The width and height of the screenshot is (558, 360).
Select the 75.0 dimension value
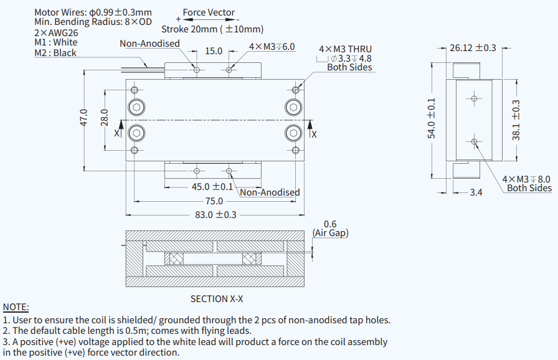pyautogui.click(x=214, y=201)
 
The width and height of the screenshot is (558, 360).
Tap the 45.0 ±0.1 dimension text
pyautogui.click(x=212, y=186)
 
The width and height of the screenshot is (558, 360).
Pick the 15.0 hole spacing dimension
pyautogui.click(x=214, y=50)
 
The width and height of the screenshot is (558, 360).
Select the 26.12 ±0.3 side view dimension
pyautogui.click(x=473, y=47)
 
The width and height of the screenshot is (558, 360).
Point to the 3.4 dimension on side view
pyautogui.click(x=476, y=192)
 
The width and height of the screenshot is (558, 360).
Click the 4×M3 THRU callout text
pyautogui.click(x=345, y=49)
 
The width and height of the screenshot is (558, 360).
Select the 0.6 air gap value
pyautogui.click(x=330, y=224)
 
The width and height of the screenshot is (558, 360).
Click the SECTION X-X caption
pyautogui.click(x=217, y=299)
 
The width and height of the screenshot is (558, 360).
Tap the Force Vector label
pyautogui.click(x=209, y=12)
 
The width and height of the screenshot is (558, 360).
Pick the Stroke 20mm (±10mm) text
pyautogui.click(x=212, y=29)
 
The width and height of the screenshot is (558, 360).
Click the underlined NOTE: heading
pyautogui.click(x=16, y=307)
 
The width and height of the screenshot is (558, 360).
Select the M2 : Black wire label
pyautogui.click(x=55, y=53)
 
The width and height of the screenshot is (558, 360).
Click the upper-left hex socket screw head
pyautogui.click(x=136, y=107)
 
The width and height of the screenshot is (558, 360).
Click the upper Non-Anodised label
pyautogui.click(x=149, y=44)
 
